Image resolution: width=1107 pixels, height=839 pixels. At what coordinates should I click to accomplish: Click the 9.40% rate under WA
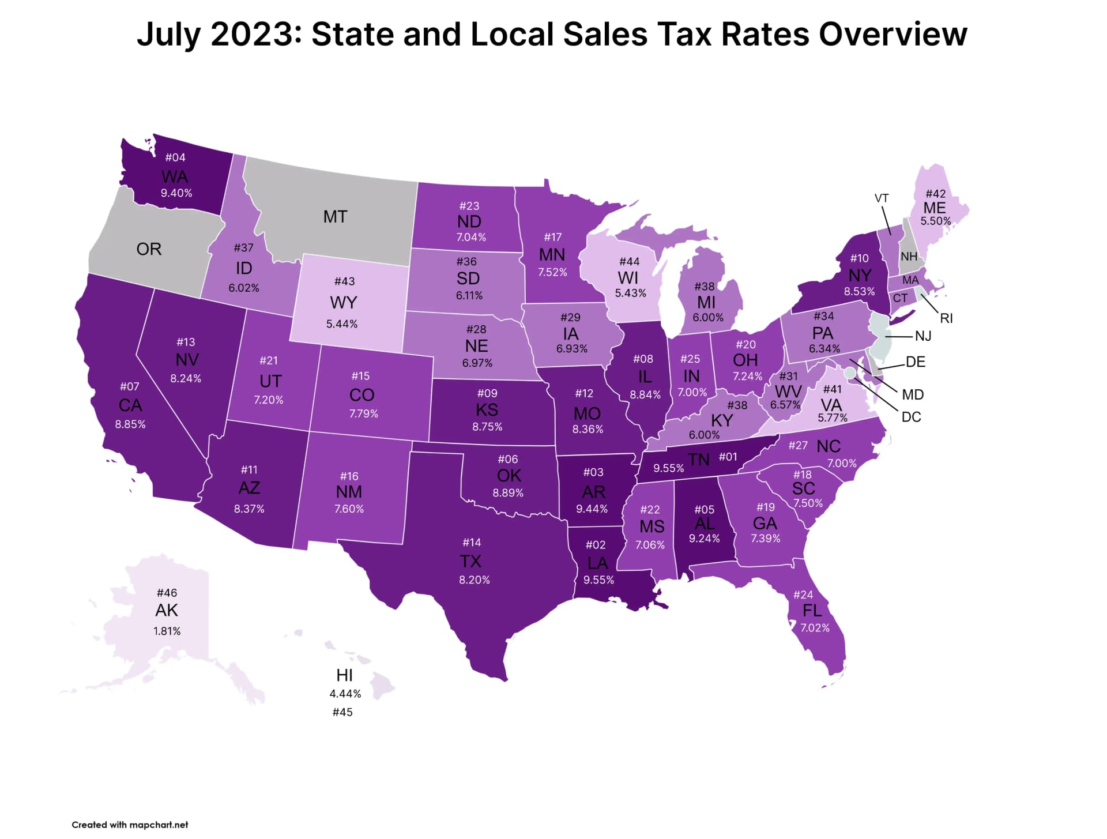tap(176, 193)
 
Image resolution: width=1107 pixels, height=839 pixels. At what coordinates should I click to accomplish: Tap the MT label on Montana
tap(335, 217)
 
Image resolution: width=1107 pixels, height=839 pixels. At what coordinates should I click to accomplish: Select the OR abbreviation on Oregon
tap(149, 249)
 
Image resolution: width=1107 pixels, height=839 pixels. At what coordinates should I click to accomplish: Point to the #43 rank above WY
tap(344, 281)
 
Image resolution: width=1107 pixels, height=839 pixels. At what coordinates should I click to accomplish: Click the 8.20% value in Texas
tap(474, 580)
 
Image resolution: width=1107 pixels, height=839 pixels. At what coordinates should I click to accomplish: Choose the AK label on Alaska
tap(167, 610)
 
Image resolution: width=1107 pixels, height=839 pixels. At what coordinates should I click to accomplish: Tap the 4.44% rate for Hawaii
tap(345, 694)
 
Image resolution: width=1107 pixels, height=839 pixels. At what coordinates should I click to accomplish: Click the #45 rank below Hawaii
tap(342, 713)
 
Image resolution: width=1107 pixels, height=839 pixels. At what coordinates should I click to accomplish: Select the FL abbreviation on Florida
tap(812, 611)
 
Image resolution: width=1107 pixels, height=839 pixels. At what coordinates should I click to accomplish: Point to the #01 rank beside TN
tap(728, 457)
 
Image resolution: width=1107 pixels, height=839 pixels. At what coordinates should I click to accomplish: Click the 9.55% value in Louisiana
tap(598, 580)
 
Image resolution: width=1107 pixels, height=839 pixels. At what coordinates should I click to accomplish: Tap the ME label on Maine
tap(935, 208)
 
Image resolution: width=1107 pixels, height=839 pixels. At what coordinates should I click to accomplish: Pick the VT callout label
tap(882, 198)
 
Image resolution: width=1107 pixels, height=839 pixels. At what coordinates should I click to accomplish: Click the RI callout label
tap(946, 318)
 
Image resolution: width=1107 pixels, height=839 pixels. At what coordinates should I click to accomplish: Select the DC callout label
tap(911, 417)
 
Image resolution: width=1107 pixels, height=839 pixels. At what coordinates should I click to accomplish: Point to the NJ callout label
tap(923, 336)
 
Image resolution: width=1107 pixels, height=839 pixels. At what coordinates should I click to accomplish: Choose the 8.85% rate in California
tap(130, 424)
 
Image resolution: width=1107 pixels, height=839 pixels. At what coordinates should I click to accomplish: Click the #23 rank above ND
tap(469, 206)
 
